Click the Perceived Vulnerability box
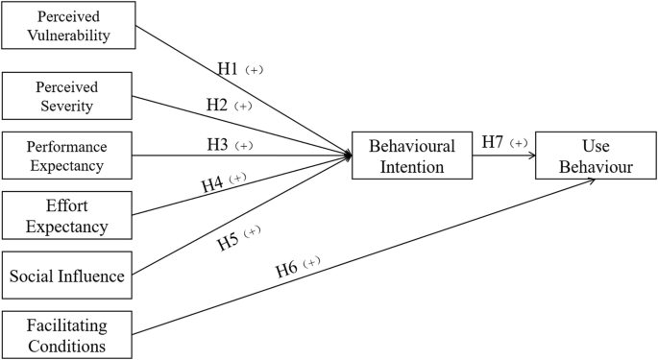click(66, 26)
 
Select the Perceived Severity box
click(66, 95)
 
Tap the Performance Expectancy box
click(66, 156)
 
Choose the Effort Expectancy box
click(66, 215)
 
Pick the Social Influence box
click(66, 276)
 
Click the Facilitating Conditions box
click(66, 335)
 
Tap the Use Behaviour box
click(596, 156)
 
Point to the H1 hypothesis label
click(229, 69)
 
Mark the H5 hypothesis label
click(229, 240)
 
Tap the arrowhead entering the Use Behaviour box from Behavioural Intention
click(531, 156)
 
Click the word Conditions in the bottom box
click(66, 346)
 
